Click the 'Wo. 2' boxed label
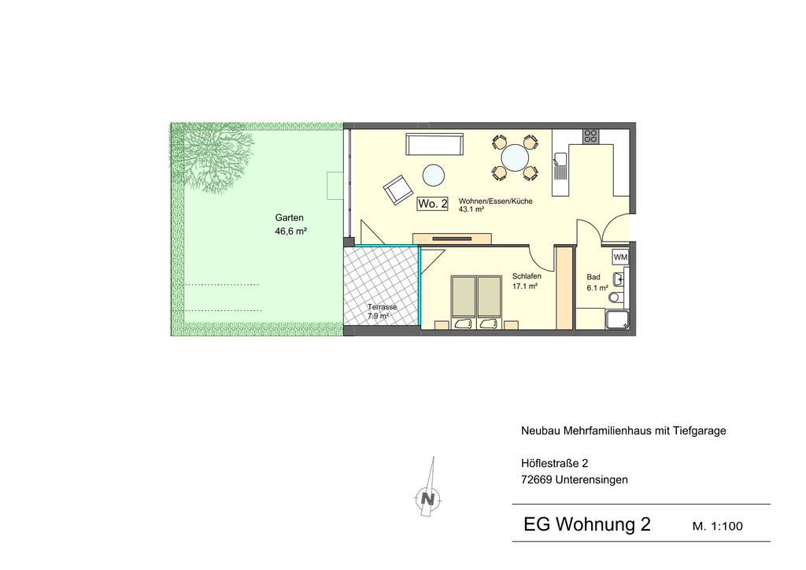(433, 204)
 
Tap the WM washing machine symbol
(620, 257)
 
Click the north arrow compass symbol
(427, 498)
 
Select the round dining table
(515, 157)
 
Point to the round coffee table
(434, 173)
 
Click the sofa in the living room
(434, 145)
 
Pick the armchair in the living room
(398, 189)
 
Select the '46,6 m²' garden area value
(290, 231)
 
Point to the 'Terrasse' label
(382, 307)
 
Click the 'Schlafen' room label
(527, 276)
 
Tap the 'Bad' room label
(593, 277)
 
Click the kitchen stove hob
(590, 135)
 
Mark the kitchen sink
(561, 165)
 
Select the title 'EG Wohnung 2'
(587, 525)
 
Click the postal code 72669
(537, 479)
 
